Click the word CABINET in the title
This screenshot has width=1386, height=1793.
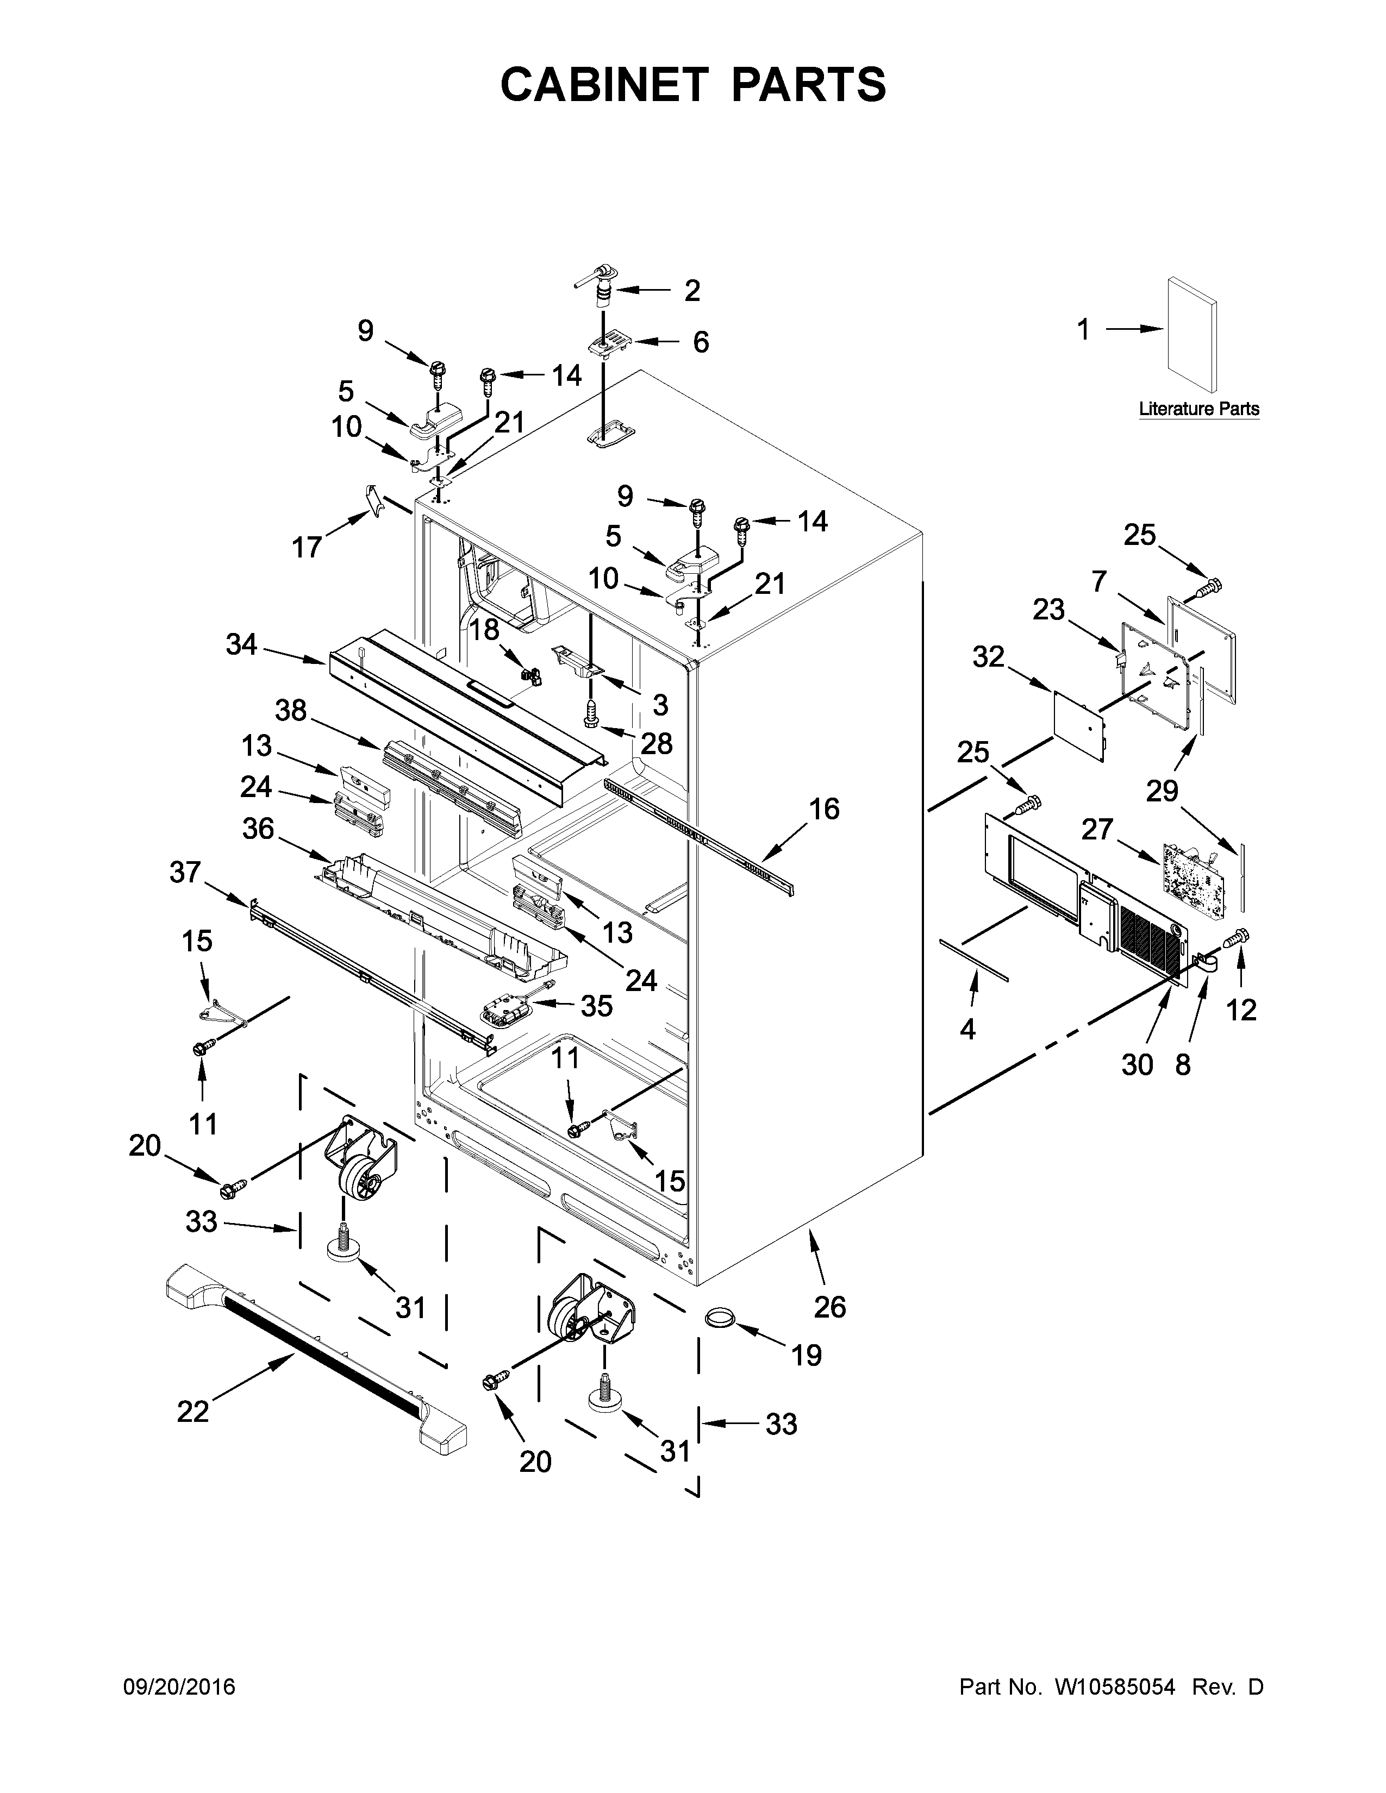pyautogui.click(x=603, y=85)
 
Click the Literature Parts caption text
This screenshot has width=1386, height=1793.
pyautogui.click(x=1199, y=409)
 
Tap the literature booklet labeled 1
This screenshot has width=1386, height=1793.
pyautogui.click(x=1191, y=334)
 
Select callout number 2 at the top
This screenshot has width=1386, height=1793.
pyautogui.click(x=692, y=291)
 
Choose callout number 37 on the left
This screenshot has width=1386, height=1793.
pyautogui.click(x=185, y=872)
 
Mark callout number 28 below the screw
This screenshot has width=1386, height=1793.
pyautogui.click(x=656, y=744)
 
